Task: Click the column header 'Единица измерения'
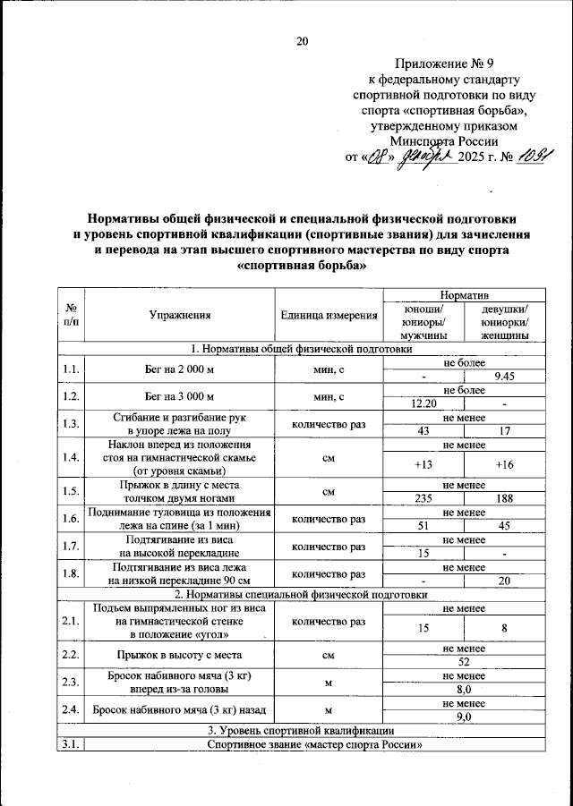(x=329, y=315)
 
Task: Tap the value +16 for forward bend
(x=504, y=465)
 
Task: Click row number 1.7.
(x=70, y=546)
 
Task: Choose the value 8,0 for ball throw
(x=464, y=690)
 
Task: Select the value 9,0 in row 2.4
(x=464, y=717)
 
